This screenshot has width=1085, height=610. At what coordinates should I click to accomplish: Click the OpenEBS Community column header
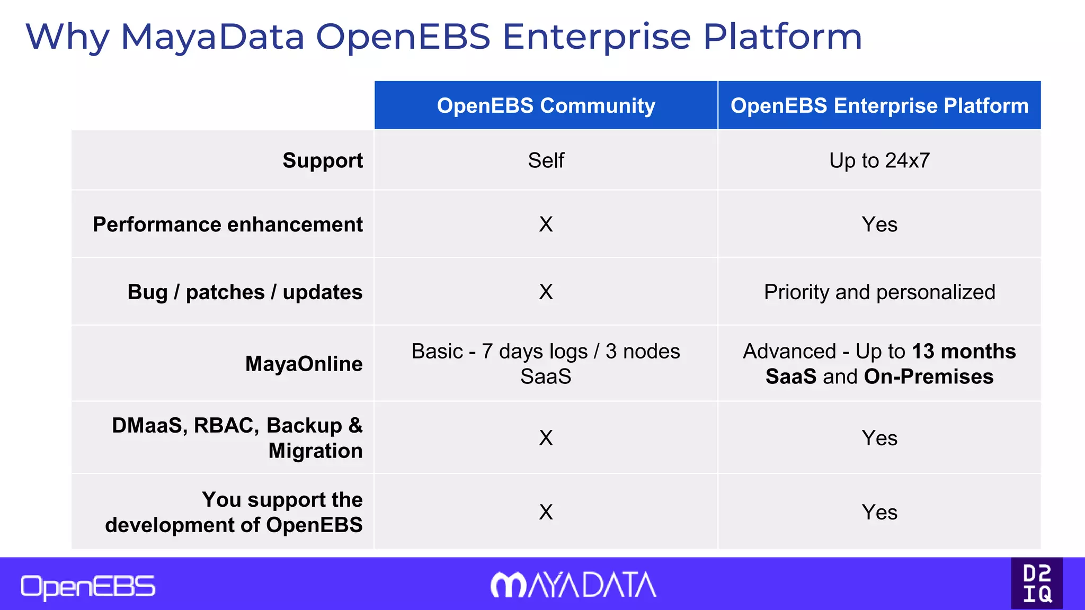[546, 106]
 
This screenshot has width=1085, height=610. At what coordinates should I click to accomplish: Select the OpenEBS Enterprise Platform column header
[879, 106]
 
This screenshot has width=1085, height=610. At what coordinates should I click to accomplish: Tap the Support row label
[323, 160]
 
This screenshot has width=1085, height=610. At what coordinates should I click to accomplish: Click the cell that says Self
[546, 160]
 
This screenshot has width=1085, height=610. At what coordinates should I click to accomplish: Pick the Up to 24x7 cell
[879, 160]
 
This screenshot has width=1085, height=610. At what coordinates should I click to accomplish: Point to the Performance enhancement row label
[228, 225]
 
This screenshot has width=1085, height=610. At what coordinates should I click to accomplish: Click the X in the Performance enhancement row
[546, 225]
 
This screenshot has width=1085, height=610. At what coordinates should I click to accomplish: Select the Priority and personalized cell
[879, 292]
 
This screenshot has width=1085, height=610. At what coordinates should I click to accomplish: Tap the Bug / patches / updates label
[245, 292]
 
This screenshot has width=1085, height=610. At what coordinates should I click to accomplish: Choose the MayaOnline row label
[304, 364]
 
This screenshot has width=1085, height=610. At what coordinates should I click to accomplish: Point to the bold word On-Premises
[929, 376]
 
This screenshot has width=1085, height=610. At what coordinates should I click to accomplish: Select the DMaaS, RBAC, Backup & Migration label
[237, 438]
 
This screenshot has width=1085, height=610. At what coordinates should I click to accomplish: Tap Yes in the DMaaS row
[879, 438]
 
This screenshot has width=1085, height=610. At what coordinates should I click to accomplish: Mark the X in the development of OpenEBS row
[546, 512]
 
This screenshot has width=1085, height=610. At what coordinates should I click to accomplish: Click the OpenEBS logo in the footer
[88, 587]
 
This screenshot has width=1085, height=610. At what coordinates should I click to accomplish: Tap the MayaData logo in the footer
[573, 585]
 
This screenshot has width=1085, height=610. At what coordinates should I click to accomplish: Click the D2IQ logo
[1037, 584]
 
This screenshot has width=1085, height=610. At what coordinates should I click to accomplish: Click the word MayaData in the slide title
[212, 37]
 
